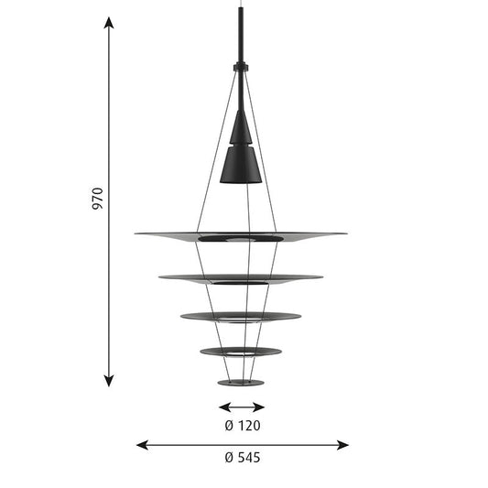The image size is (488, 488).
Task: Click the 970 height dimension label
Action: (x=98, y=199)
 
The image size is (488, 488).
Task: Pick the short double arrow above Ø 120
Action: (x=241, y=407)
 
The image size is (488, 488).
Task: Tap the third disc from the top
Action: (x=241, y=317)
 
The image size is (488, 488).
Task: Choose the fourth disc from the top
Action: (x=241, y=352)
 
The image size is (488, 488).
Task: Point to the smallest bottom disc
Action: (x=241, y=382)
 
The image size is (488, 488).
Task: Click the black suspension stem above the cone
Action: (x=241, y=37)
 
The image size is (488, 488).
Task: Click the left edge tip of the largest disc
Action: (x=137, y=234)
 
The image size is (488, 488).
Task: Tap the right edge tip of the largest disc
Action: (x=345, y=233)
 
